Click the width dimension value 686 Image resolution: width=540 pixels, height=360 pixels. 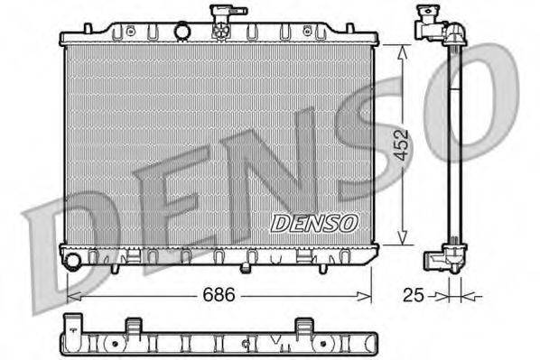point(216,294)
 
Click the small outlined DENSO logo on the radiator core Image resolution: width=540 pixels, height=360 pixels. point(315,222)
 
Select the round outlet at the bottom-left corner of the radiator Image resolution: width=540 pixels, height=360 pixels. point(73,262)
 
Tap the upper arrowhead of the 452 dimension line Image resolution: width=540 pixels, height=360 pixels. point(401,48)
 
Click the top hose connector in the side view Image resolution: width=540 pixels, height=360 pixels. point(431,24)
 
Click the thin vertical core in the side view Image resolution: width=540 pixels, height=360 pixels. point(453,144)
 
